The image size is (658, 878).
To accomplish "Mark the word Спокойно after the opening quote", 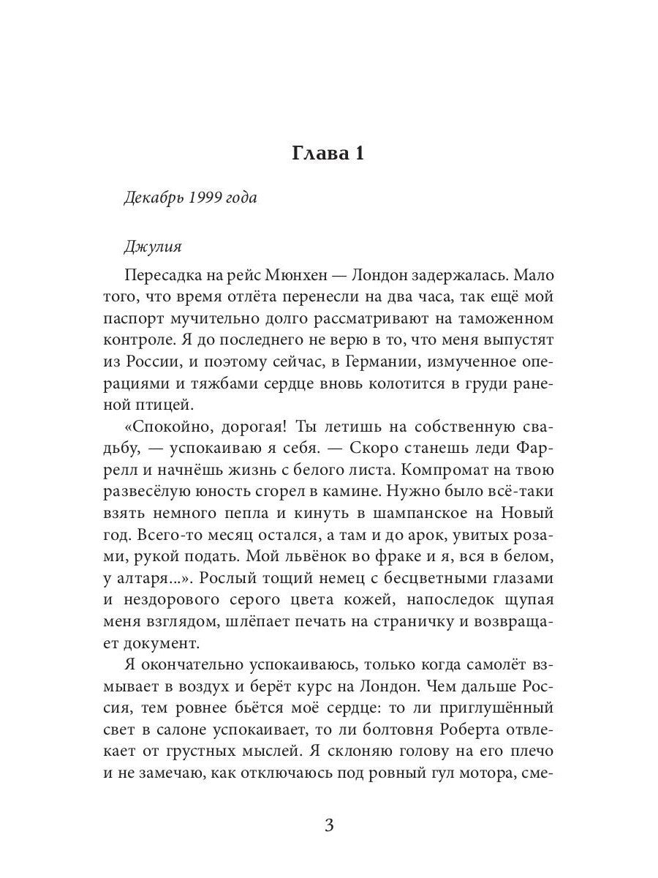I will (x=170, y=425).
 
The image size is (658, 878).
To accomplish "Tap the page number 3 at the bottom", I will (x=328, y=826).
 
